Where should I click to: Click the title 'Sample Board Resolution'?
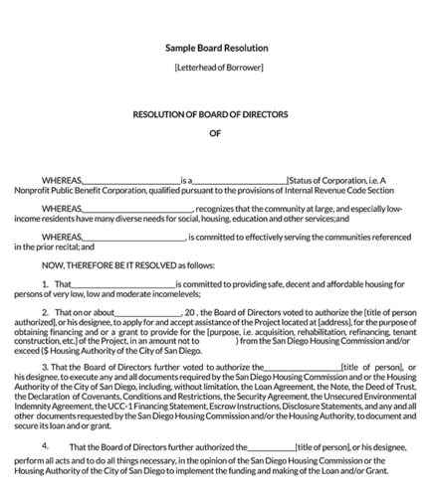coord(216,48)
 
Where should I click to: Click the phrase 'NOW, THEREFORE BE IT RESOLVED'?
coord(98,266)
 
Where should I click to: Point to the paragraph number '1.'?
coord(46,285)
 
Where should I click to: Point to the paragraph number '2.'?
coord(46,312)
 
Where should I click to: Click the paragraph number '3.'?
coord(46,367)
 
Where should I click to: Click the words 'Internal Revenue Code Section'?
coord(342,189)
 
